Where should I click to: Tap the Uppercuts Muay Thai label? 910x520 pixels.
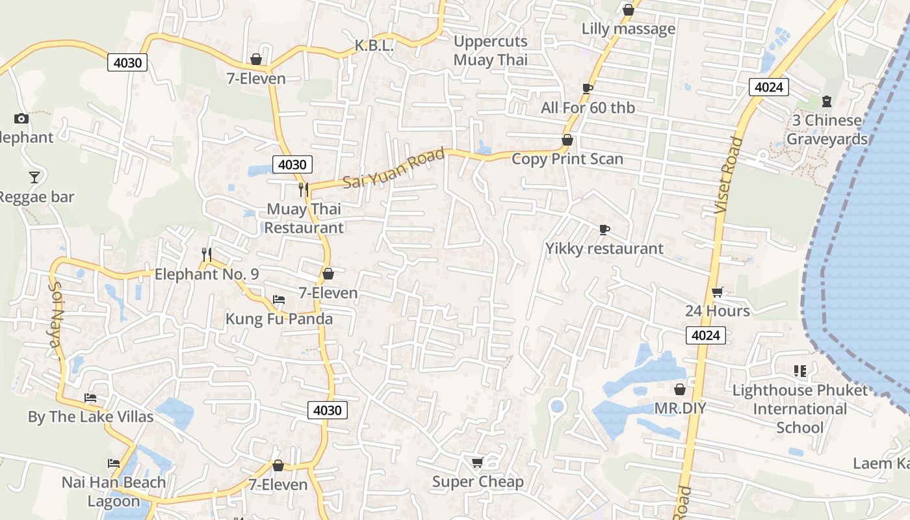tap(491, 51)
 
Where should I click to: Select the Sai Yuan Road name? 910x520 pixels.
tap(394, 168)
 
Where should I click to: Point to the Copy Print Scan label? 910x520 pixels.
tap(567, 159)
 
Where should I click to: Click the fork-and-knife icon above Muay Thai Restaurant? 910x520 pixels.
tap(303, 189)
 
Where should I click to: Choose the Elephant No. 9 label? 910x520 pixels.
tap(206, 274)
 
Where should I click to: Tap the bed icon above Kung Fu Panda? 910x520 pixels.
tap(279, 300)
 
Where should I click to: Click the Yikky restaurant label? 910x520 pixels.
tap(604, 249)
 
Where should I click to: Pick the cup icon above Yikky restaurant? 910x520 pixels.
tap(604, 229)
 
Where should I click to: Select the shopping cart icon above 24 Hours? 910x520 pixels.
tap(717, 292)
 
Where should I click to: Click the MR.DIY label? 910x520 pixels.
tap(680, 408)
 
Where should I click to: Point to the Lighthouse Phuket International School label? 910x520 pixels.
tap(799, 409)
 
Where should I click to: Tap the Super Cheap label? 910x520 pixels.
tap(478, 482)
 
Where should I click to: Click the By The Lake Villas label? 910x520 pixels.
tap(90, 417)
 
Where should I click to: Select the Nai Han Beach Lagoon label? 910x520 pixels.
tap(114, 491)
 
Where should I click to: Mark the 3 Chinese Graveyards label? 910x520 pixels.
tap(826, 130)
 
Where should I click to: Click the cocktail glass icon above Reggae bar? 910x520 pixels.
tap(34, 177)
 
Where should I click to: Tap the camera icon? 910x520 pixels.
tap(21, 118)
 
